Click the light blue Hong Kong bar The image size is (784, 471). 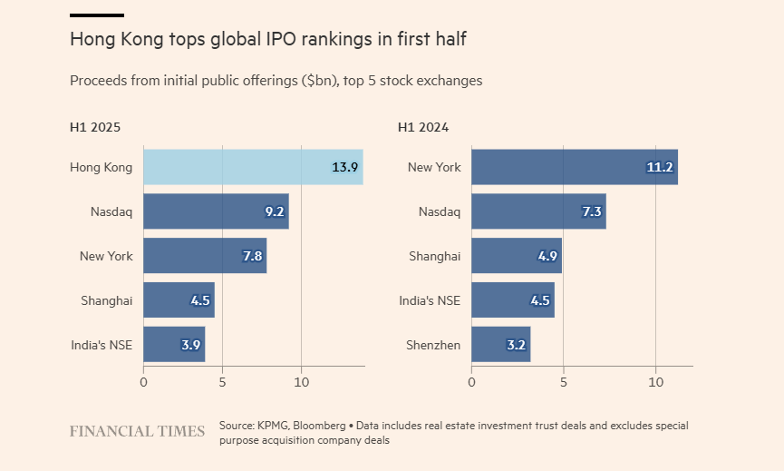(x=253, y=167)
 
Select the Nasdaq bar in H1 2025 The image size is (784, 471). (x=216, y=211)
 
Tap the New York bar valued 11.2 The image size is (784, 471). (x=575, y=167)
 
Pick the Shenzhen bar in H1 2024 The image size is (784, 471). (x=501, y=344)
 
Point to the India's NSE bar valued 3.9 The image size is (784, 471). (x=174, y=344)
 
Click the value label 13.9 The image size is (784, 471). (x=345, y=167)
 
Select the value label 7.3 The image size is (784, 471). (x=592, y=211)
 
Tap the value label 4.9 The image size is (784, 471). (x=547, y=256)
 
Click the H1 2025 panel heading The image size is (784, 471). (x=95, y=127)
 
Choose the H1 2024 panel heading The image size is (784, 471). (x=423, y=127)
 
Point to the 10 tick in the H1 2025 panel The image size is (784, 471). (x=302, y=382)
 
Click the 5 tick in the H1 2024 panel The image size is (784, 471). (x=564, y=382)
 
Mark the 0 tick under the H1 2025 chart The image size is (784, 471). (x=143, y=382)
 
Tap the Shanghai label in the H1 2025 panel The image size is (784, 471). (x=107, y=300)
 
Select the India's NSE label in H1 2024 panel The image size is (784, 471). (x=430, y=300)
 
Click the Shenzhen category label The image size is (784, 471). (x=433, y=345)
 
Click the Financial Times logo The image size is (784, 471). (x=137, y=431)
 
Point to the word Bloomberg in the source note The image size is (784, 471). (x=319, y=426)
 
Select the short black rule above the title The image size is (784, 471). (x=97, y=15)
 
